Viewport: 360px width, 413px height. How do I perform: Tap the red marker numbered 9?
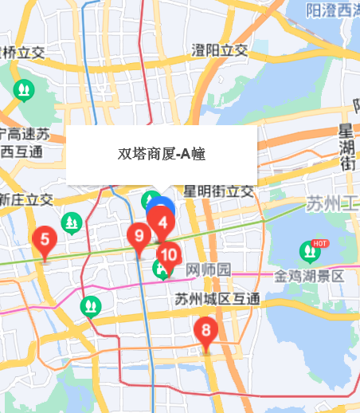139,237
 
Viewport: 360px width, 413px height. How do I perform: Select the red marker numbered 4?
162,223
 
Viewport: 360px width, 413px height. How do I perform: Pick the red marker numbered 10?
168,255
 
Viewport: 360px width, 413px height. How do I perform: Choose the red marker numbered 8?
206,330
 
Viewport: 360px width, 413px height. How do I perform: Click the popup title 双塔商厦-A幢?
162,154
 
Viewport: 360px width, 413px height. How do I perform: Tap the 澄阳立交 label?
220,50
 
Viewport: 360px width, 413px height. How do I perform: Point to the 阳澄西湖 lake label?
333,10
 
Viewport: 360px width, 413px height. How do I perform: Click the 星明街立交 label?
218,191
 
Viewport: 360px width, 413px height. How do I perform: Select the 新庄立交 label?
26,199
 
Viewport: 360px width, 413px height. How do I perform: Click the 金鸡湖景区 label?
309,276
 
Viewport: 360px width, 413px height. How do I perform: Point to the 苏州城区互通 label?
217,299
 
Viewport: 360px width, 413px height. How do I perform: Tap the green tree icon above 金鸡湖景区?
308,252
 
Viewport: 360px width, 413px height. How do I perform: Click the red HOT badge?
321,242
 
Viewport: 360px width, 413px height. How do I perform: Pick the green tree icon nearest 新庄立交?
72,222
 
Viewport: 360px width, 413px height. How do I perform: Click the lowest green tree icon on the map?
91,305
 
